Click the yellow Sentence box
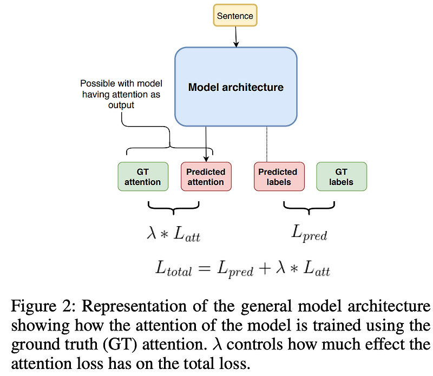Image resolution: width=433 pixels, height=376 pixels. [235, 16]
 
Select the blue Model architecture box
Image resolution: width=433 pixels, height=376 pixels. [235, 87]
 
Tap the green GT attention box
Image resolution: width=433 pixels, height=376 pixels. [143, 177]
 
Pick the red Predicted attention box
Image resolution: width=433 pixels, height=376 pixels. [206, 177]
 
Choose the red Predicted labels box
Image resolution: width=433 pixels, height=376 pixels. [278, 177]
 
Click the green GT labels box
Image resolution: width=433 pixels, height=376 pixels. [342, 177]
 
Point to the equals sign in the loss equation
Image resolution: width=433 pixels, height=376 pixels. [205, 268]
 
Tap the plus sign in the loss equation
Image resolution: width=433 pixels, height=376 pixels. [265, 268]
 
